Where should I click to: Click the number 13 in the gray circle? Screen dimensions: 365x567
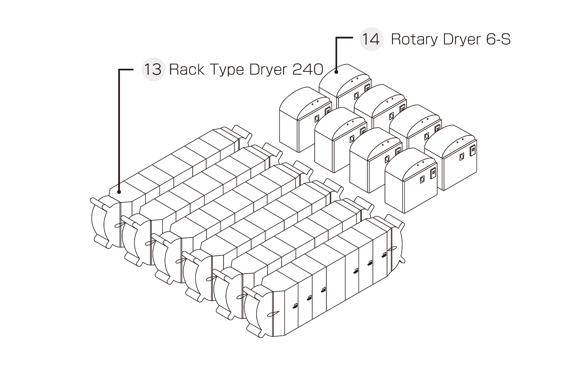pyautogui.click(x=153, y=69)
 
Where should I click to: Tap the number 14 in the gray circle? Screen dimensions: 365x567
pyautogui.click(x=371, y=39)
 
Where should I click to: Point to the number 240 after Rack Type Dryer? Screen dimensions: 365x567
pyautogui.click(x=308, y=69)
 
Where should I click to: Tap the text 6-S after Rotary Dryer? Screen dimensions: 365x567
pyautogui.click(x=498, y=39)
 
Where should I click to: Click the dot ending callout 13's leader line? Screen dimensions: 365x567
pyautogui.click(x=119, y=192)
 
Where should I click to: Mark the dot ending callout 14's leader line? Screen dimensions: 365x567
pyautogui.click(x=336, y=72)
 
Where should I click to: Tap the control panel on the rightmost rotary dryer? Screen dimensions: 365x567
pyautogui.click(x=473, y=151)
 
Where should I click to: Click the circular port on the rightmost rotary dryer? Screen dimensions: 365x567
pyautogui.click(x=462, y=157)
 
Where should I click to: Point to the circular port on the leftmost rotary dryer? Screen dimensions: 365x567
pyautogui.click(x=317, y=119)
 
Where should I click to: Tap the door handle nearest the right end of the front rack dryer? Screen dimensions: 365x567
pyautogui.click(x=384, y=255)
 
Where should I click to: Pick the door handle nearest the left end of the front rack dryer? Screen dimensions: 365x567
pyautogui.click(x=295, y=306)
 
